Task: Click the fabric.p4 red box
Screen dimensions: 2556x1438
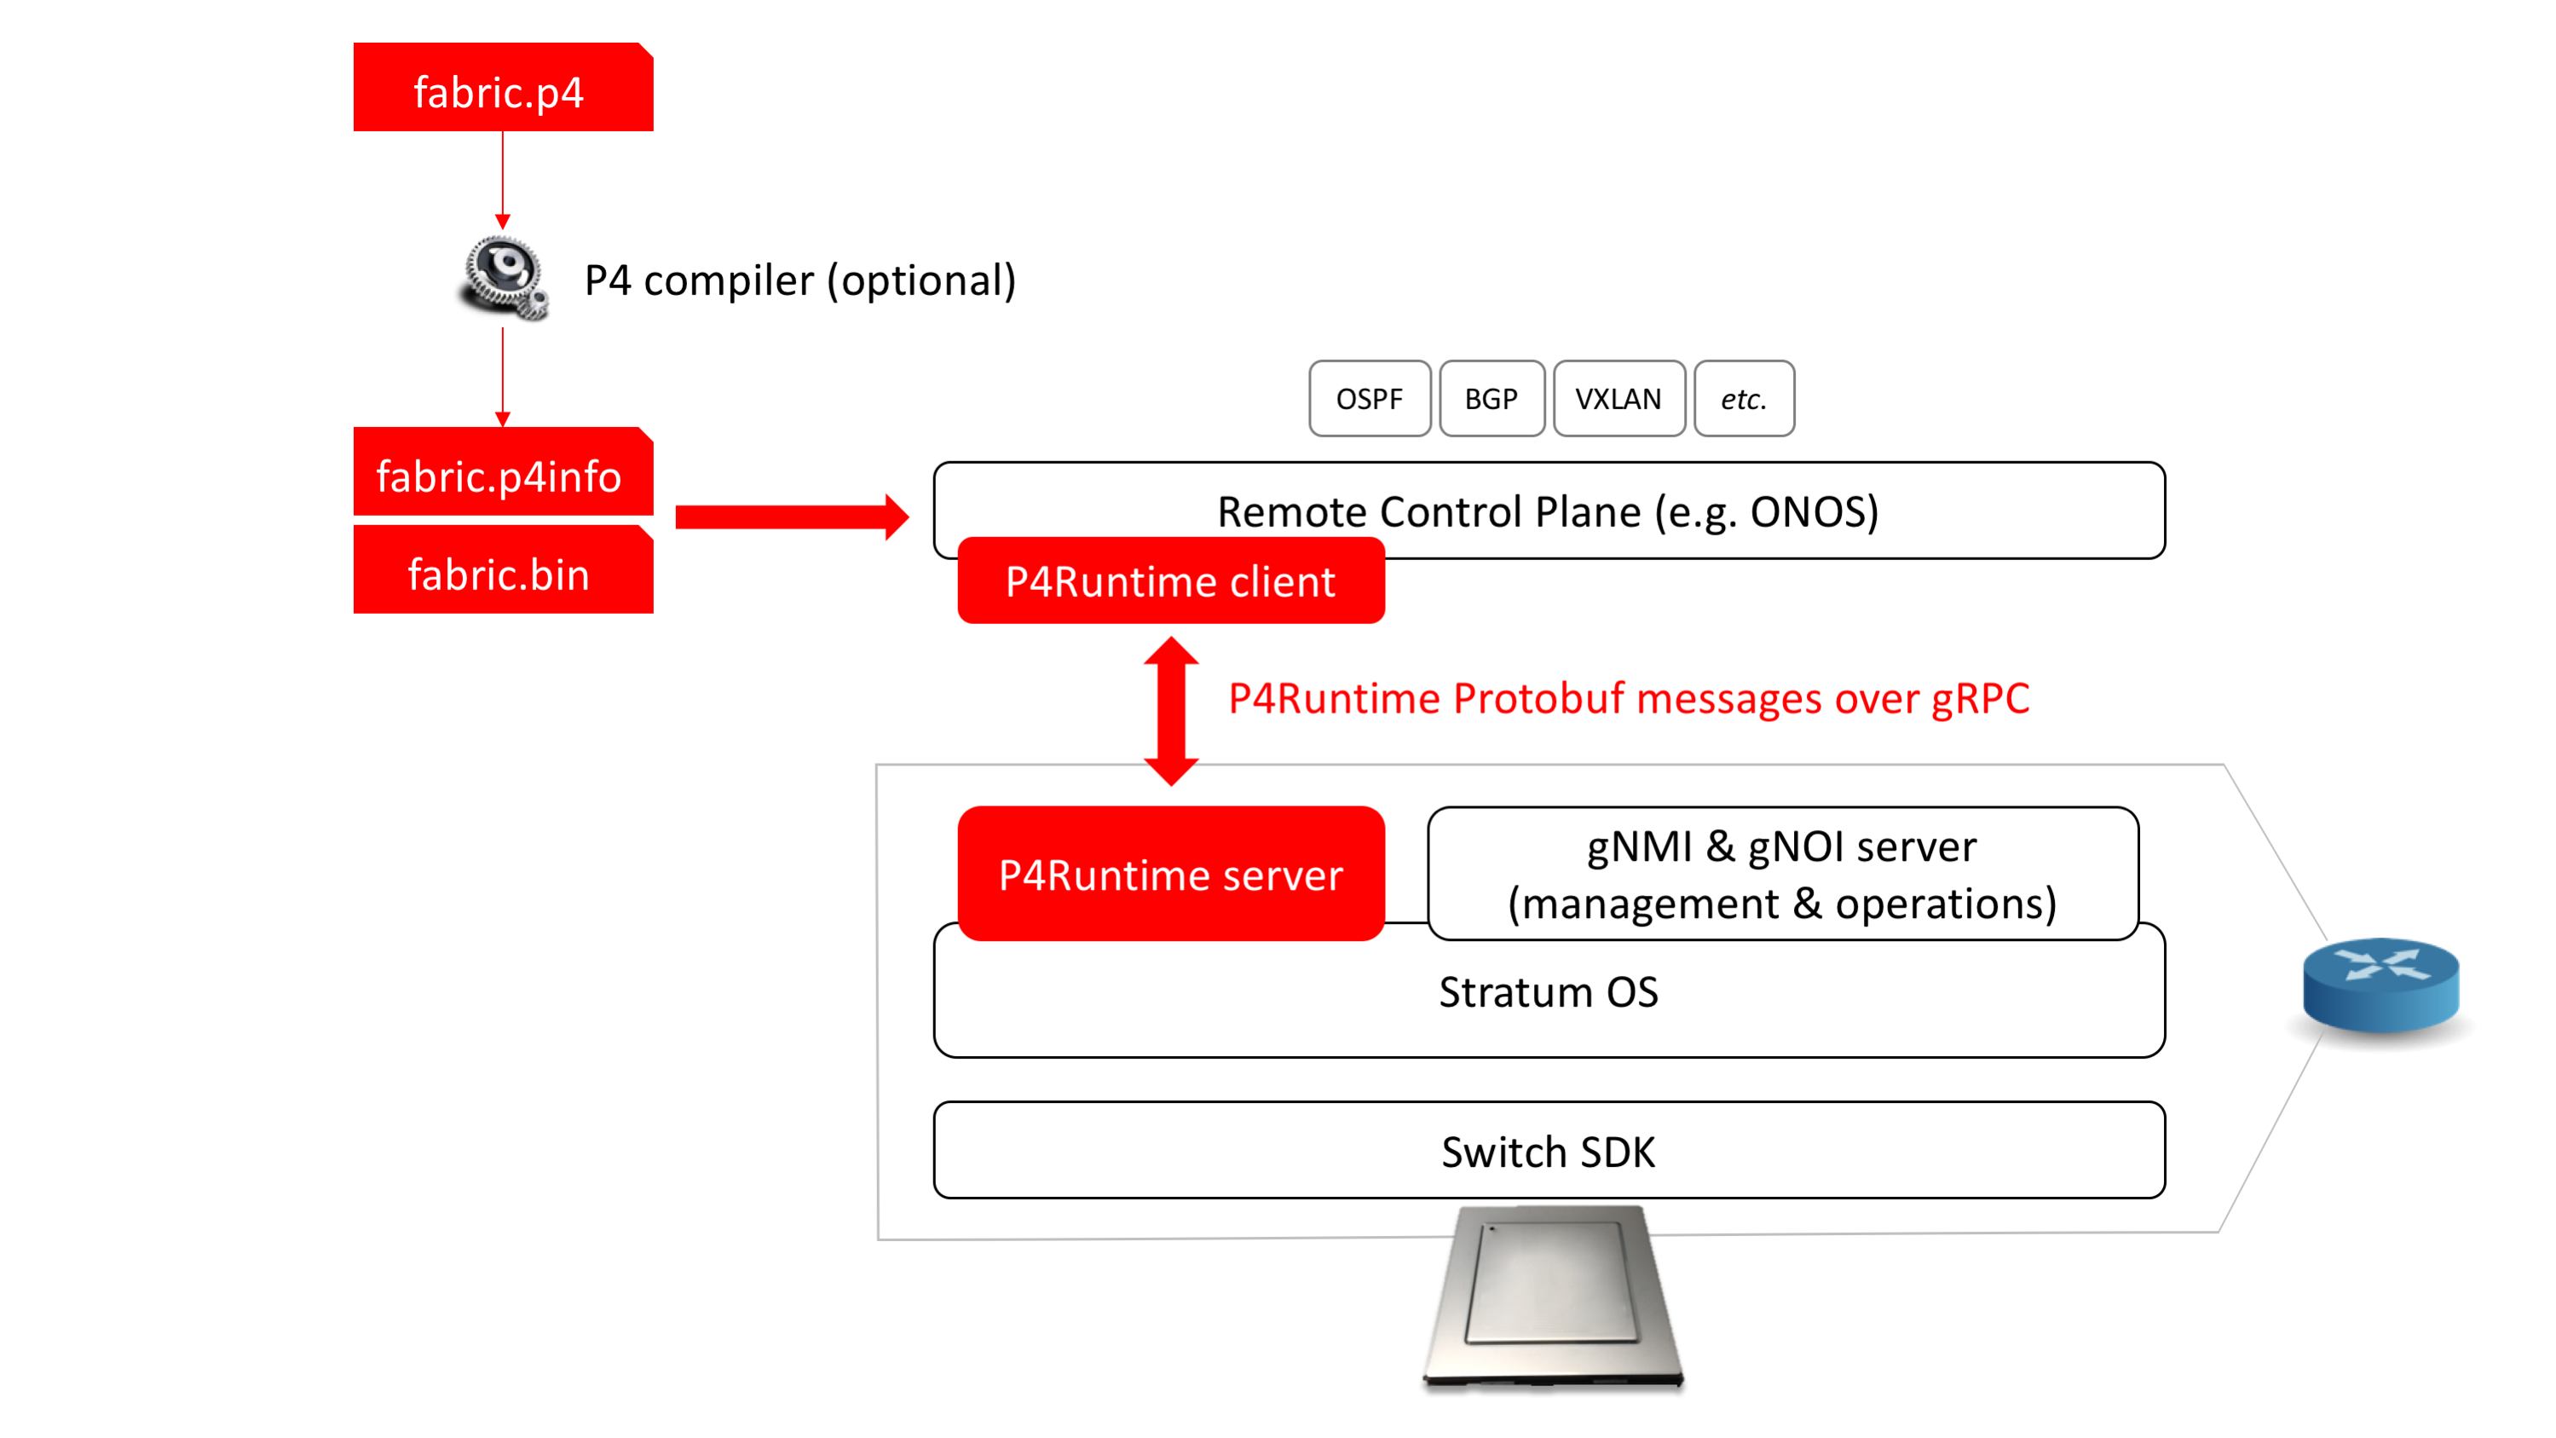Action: point(503,87)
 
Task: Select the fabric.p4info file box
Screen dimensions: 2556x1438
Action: point(503,471)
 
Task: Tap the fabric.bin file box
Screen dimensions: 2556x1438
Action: point(503,569)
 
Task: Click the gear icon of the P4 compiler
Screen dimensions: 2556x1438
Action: point(503,277)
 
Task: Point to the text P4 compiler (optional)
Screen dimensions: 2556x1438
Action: point(799,280)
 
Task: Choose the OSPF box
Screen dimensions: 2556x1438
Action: point(1370,398)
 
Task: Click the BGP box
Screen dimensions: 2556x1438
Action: point(1491,398)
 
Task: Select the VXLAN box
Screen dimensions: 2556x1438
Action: point(1618,398)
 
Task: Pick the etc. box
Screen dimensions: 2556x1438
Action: point(1745,398)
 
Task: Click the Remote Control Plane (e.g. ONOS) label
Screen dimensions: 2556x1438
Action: point(1548,512)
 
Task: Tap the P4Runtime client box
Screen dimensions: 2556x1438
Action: point(1171,580)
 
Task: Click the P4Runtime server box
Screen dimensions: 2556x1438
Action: point(1171,874)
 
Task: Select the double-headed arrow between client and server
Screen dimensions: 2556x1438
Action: point(1171,712)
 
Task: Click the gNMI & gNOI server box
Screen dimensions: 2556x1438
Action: point(1782,874)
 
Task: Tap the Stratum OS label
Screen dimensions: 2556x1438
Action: point(1548,992)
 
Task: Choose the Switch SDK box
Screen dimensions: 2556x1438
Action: point(1549,1150)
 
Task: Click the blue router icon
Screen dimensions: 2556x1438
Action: point(2380,985)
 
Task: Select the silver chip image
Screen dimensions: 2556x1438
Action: point(1553,1295)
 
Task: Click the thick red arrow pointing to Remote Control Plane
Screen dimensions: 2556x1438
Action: point(792,517)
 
